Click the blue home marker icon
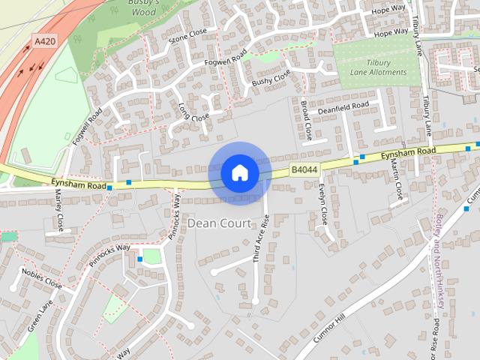click(239, 173)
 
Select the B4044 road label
click(304, 170)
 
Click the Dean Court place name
click(220, 223)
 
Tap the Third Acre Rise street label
click(260, 238)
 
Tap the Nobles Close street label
click(41, 277)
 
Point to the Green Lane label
click(41, 317)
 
